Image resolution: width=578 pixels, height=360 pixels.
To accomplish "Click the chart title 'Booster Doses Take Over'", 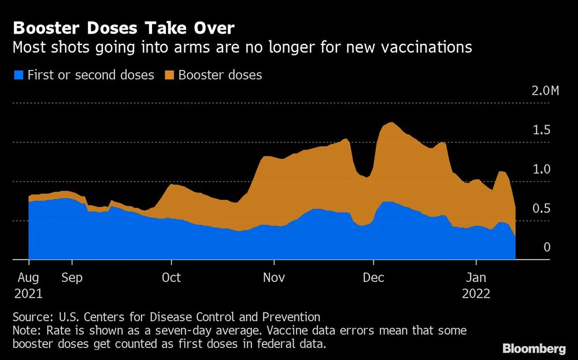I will pos(123,28).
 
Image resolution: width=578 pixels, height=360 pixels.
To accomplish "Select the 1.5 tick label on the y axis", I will pos(541,130).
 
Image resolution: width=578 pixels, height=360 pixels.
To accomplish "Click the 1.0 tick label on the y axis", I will pos(541,169).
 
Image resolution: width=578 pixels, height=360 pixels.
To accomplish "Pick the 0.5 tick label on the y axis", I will pos(541,209).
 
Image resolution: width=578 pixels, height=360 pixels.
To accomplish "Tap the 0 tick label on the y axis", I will pos(546,247).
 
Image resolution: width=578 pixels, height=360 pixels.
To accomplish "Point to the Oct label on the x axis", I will pos(172,277).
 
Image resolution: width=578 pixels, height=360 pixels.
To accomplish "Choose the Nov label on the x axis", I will pos(274,277).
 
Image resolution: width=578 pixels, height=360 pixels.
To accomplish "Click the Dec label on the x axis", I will pos(373,277).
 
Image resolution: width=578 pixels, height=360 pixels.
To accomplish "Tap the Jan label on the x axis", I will pos(476,277).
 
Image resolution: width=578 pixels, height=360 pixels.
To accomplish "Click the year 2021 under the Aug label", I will pos(28,294).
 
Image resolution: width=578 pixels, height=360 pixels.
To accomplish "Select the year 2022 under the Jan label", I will pos(476,294).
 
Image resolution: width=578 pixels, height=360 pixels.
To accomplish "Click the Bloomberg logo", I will pos(534,348).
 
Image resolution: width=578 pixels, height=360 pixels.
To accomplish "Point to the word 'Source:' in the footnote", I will pos(32,317).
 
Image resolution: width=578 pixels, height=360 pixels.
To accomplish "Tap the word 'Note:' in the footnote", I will pos(27,330).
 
